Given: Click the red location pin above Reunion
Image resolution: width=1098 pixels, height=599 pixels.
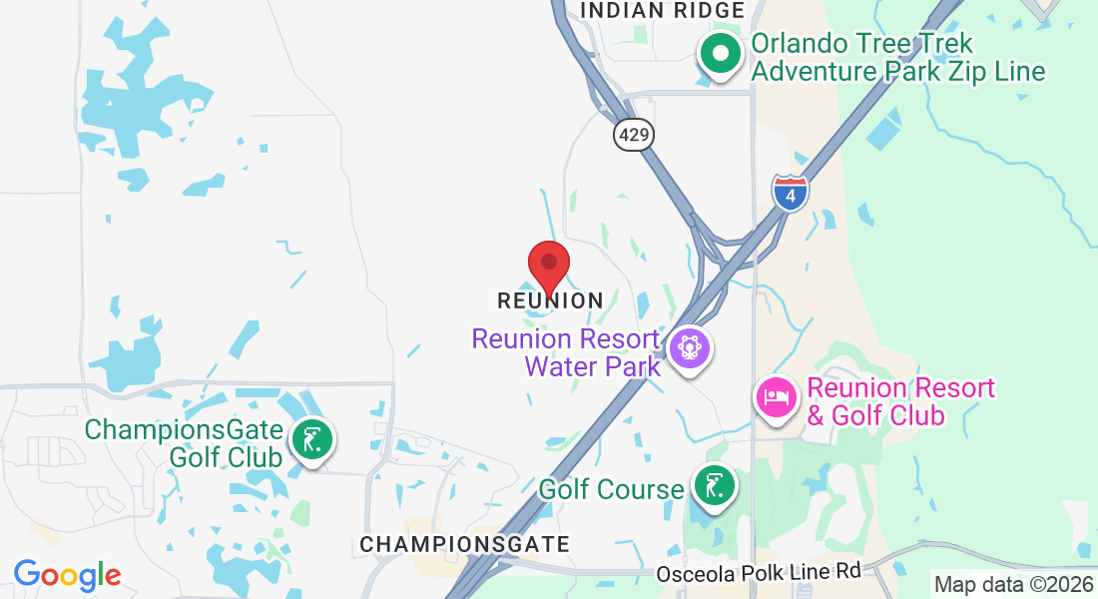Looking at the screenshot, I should coord(548,265).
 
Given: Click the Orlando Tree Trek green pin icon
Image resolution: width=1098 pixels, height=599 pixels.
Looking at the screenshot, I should coord(719,53).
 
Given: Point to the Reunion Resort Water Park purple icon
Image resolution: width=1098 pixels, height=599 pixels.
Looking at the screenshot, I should coord(690,348).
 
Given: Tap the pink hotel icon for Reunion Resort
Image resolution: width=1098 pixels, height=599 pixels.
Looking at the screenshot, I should coord(777,397).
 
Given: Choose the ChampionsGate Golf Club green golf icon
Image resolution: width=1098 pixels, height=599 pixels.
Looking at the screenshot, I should coord(312,439).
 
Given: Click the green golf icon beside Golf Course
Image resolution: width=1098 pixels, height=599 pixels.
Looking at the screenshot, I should coord(714,486).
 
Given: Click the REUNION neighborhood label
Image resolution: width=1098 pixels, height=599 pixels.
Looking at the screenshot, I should coord(550,300).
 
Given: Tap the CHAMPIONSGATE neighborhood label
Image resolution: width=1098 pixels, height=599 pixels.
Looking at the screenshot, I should coord(464,544).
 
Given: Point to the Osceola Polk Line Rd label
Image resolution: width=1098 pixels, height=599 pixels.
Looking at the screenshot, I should coord(758,573).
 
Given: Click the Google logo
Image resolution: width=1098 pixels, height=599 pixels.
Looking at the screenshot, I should coord(67,575).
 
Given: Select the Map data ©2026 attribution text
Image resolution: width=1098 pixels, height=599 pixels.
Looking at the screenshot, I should coord(1013,584).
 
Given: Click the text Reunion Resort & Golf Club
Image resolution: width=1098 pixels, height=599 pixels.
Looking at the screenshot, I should coord(901,401).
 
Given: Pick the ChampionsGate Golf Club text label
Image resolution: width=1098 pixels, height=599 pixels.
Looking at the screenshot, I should coord(184,443).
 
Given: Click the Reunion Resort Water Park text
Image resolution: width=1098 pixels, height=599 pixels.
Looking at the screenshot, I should coord(566,352).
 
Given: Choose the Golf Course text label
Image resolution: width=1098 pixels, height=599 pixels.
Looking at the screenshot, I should coord(611,489).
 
